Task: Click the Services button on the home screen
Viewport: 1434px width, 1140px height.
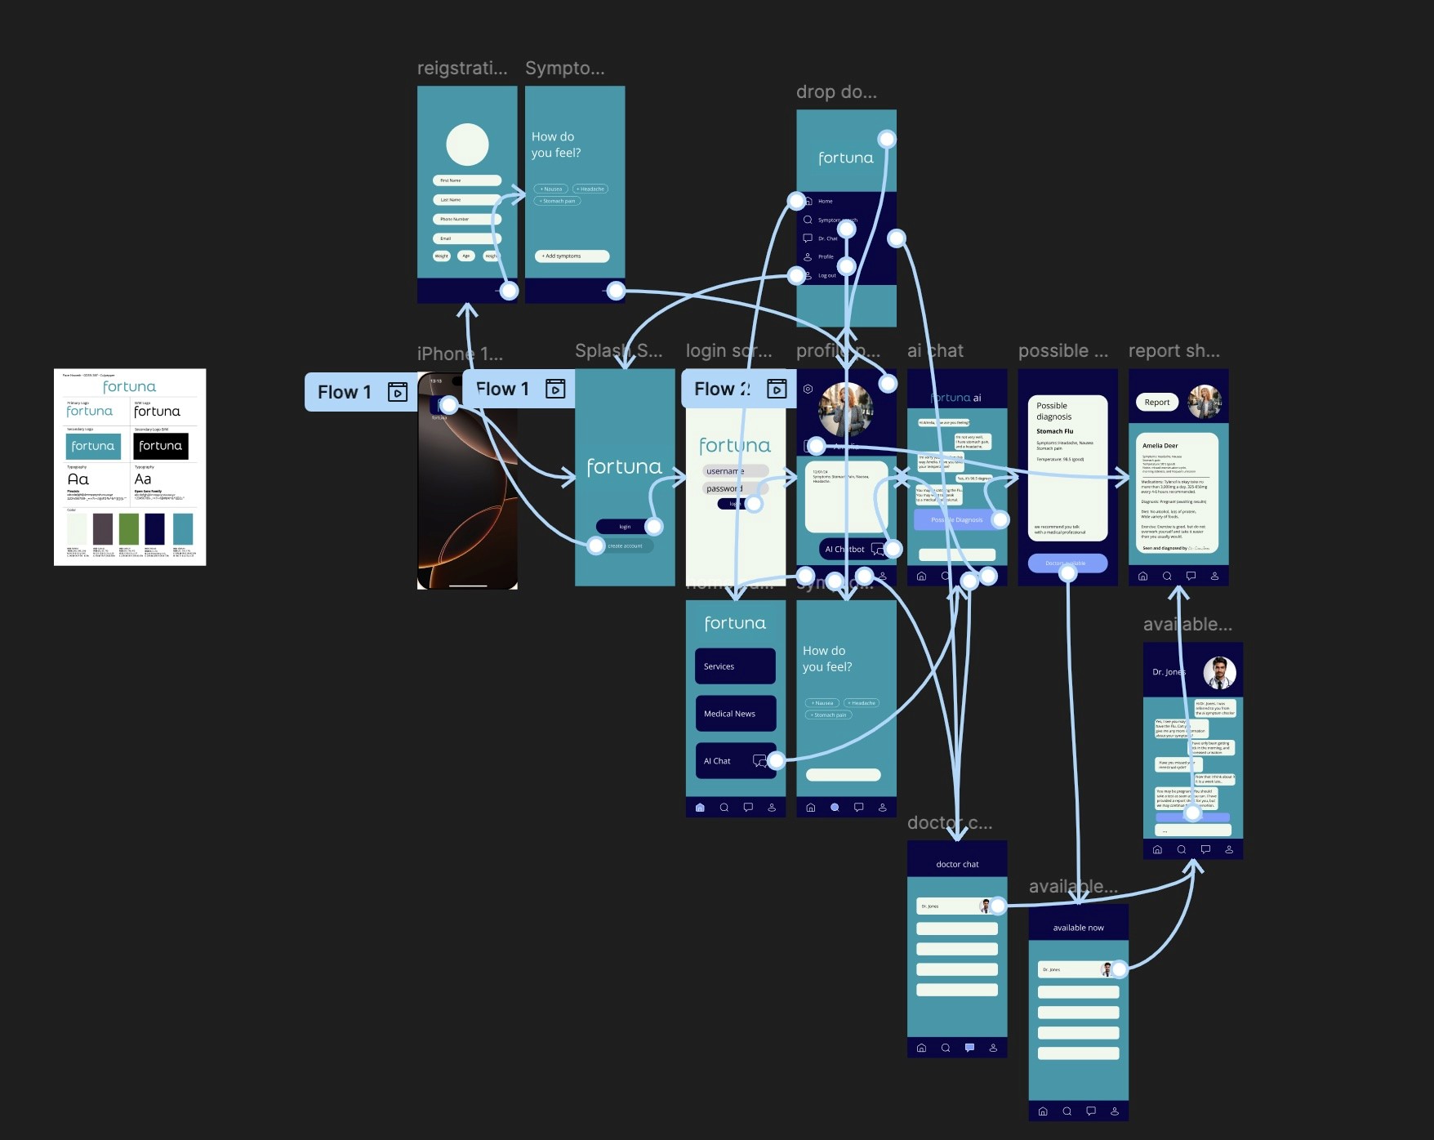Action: coord(735,666)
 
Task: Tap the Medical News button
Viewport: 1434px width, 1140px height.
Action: coord(735,714)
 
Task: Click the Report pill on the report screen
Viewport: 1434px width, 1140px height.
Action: coord(1156,403)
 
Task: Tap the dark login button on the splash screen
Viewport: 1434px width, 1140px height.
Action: coord(625,527)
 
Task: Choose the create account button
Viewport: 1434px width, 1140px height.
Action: coord(625,546)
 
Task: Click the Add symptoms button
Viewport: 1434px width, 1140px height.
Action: coord(571,256)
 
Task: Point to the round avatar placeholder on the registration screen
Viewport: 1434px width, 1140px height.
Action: coord(467,145)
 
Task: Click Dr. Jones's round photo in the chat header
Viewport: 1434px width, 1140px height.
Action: coord(1219,673)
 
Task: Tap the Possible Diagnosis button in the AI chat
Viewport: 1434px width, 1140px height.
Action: coord(956,520)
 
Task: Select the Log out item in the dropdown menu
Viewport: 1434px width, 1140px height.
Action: coord(826,276)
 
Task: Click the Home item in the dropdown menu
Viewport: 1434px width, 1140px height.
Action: coord(825,201)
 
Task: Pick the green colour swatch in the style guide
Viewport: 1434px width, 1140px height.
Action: coord(128,528)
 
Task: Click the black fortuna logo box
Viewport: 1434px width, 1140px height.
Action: coord(161,446)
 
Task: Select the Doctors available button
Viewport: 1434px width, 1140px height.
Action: coord(1067,563)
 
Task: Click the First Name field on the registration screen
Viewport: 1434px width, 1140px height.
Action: coord(466,180)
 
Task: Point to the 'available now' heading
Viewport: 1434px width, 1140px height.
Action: coord(1078,928)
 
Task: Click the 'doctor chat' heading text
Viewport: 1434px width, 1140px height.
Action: coord(957,864)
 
